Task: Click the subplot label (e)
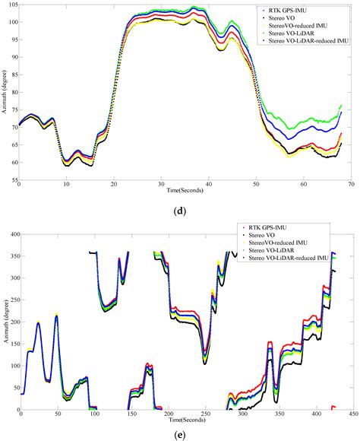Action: pyautogui.click(x=180, y=433)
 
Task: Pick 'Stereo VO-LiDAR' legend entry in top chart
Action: pyautogui.click(x=289, y=34)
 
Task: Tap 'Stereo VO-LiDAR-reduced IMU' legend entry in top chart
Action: pyautogui.click(x=305, y=41)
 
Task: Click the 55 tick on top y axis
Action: pyautogui.click(x=13, y=180)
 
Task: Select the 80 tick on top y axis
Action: pyautogui.click(x=13, y=92)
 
